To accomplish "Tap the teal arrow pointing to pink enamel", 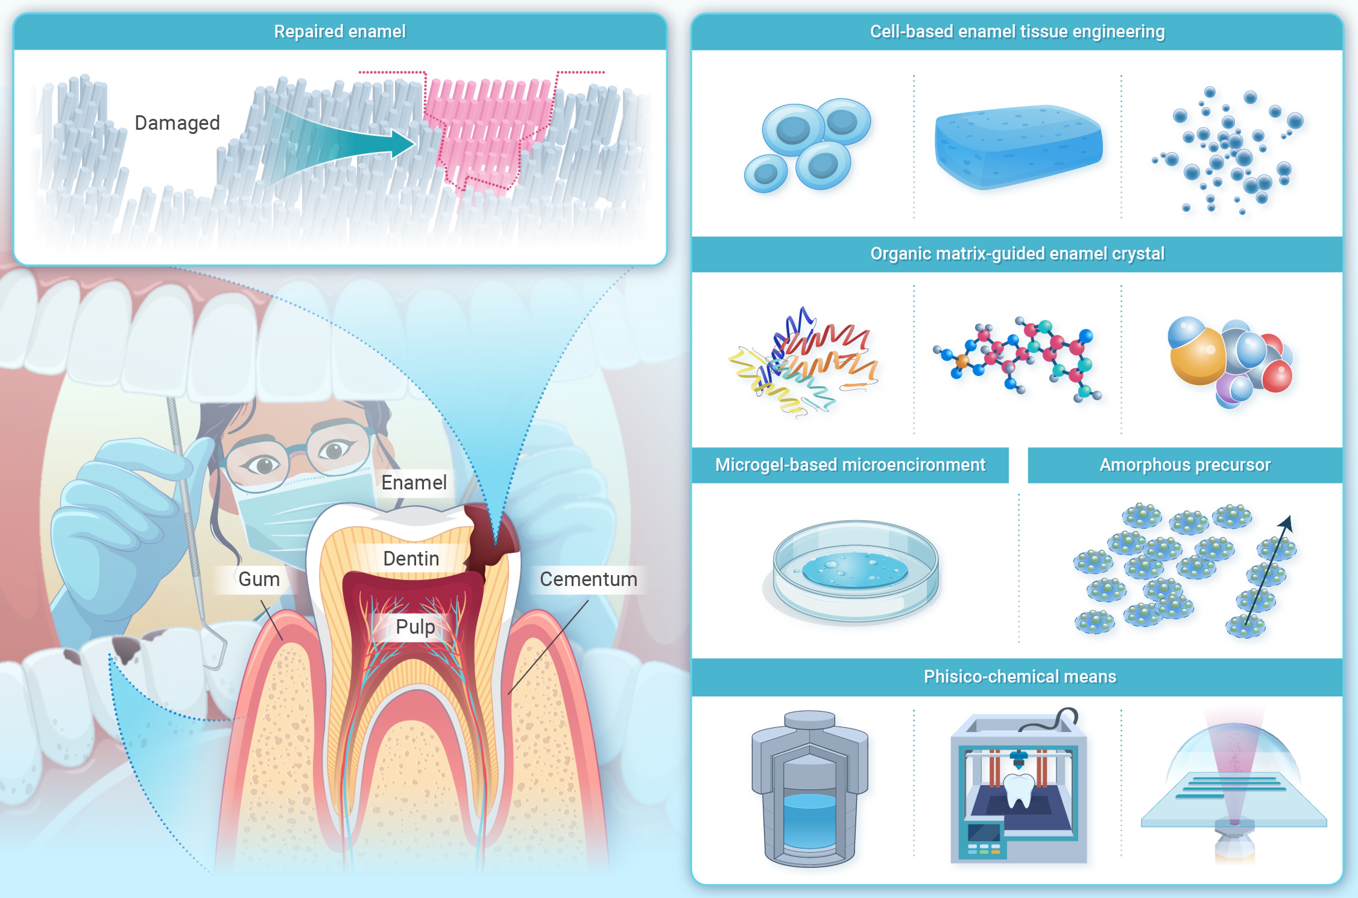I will tap(343, 143).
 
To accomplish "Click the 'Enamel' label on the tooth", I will tap(414, 483).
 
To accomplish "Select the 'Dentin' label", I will tap(411, 559).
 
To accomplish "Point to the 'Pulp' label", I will tap(415, 626).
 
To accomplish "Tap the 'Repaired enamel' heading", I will tap(340, 31).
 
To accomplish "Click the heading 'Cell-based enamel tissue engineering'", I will tap(1017, 31).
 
